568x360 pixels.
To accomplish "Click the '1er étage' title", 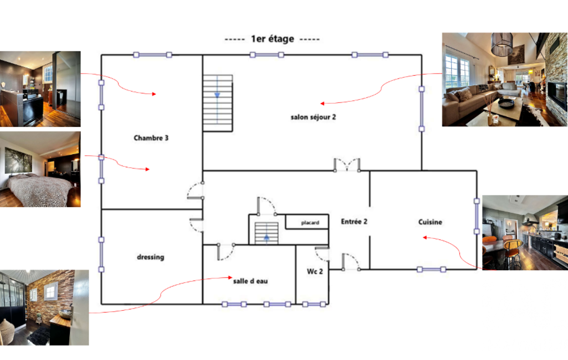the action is tap(273, 39).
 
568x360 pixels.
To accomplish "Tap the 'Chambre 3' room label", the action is tap(151, 138).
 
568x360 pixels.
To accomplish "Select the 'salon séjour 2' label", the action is tap(313, 117).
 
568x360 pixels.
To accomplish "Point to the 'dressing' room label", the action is tap(150, 257).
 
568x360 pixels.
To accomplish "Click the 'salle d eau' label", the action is tap(250, 281).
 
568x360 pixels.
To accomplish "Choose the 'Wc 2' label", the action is tap(315, 271).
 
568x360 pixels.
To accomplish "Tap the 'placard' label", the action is tap(310, 223).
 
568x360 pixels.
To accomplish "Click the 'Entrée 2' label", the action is tap(354, 222).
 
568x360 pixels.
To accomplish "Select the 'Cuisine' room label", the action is tap(430, 222).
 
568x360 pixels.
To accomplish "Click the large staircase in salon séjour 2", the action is tap(217, 103).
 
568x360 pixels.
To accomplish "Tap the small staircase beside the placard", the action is tap(267, 233).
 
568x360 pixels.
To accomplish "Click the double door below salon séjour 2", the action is tap(347, 165).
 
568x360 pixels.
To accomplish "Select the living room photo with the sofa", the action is tap(505, 79).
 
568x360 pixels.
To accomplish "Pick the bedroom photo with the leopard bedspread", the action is tap(40, 169).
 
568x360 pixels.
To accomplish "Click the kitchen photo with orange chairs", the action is tap(525, 233).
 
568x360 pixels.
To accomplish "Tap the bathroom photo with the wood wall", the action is tap(44, 307).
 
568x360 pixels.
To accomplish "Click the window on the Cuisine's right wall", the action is tap(477, 216).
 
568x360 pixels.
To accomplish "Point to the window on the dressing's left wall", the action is tap(101, 255).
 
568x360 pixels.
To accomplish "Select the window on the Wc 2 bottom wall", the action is tap(314, 304).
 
